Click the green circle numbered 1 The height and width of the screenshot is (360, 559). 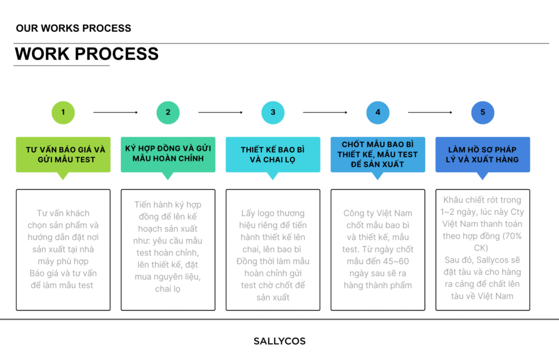pos(63,112)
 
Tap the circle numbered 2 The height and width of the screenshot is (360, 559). pos(168,112)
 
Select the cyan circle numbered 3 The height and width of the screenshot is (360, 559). pos(273,112)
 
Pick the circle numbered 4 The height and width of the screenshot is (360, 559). pos(378,112)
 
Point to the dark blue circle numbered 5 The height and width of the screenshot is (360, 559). pos(483,112)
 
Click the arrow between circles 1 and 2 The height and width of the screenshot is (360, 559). pos(116,112)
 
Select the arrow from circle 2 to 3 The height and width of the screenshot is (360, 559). pos(221,112)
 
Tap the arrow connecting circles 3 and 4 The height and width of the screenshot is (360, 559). pos(325,112)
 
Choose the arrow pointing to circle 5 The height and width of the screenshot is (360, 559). pos(430,112)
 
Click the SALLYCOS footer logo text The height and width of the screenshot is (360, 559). pos(279,341)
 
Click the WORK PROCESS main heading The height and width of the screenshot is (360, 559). pos(87,54)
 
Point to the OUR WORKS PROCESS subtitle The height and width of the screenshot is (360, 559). pos(74,28)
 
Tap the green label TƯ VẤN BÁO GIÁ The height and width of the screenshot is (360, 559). pos(63,154)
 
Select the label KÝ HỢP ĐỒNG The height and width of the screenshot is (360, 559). pos(168,154)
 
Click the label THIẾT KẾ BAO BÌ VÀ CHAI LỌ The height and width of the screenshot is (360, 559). pos(273,154)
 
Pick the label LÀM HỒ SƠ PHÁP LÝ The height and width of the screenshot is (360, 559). pos(483,154)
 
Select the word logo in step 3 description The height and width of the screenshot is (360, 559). pos(265,214)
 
